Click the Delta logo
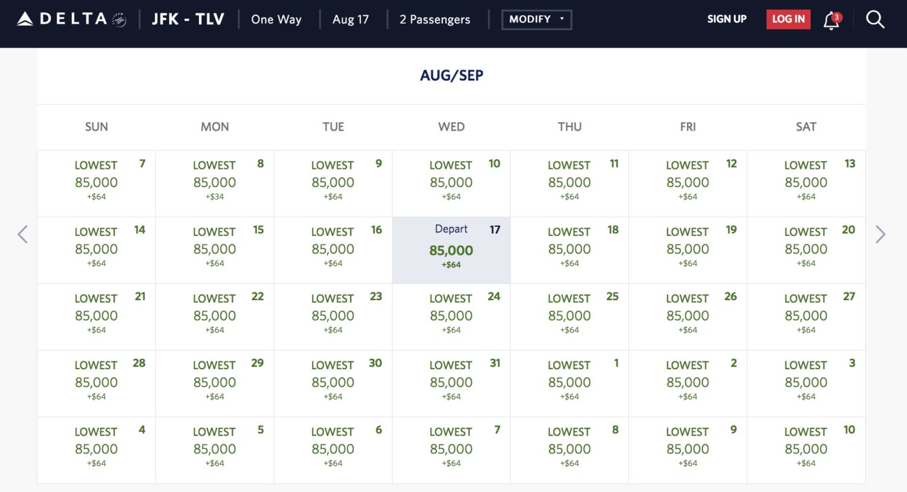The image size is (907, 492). (x=71, y=19)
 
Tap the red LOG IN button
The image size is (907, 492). (x=788, y=19)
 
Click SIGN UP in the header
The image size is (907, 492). (x=726, y=19)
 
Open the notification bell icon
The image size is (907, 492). (x=832, y=21)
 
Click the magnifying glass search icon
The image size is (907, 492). (x=874, y=20)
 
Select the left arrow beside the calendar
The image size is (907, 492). (x=23, y=234)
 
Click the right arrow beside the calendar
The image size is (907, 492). (x=880, y=234)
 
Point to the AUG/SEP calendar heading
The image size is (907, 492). (x=452, y=76)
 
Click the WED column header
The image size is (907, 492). (x=451, y=127)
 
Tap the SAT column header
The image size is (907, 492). (x=805, y=127)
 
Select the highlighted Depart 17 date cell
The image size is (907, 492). (x=451, y=250)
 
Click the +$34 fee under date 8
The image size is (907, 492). (x=215, y=197)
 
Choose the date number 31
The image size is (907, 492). (x=495, y=363)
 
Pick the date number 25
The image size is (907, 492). (x=612, y=297)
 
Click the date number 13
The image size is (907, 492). (x=849, y=164)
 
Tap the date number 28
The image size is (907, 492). (x=139, y=363)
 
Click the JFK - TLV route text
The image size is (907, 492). (x=187, y=19)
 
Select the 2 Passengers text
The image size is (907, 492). (x=434, y=19)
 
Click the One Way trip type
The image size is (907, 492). (x=276, y=19)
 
